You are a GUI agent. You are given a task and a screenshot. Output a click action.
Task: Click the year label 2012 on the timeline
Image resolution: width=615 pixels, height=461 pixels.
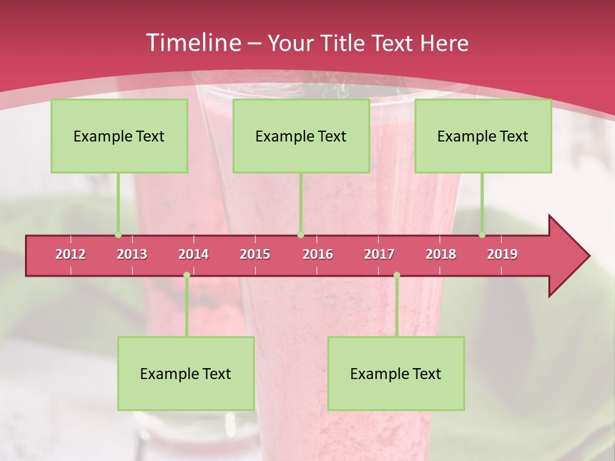coord(70,254)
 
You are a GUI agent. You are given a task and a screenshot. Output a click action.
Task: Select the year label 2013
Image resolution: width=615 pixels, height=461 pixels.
coord(132,254)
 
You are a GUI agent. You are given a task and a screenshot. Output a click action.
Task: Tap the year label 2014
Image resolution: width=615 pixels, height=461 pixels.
coord(193,254)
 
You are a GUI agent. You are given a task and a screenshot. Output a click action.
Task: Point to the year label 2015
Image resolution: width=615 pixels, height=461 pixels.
coord(255,254)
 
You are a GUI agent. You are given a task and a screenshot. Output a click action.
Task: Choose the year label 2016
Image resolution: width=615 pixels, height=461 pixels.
coord(318,254)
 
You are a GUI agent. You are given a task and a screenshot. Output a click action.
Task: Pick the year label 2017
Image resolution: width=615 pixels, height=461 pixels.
coord(379,254)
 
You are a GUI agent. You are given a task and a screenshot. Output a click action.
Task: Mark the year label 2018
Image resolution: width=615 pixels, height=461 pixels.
coord(441,254)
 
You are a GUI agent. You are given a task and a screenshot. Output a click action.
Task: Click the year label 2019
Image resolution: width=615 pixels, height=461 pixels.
coord(502,254)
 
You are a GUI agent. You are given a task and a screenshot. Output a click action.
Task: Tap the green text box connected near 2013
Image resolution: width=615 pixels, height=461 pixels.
coord(119,136)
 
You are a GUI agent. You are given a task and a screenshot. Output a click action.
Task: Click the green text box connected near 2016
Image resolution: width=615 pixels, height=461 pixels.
coord(301,136)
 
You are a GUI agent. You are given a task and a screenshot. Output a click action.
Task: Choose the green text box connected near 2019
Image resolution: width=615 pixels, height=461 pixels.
coord(483,136)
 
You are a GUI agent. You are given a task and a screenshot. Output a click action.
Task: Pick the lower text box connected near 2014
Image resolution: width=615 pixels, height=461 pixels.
coord(186,373)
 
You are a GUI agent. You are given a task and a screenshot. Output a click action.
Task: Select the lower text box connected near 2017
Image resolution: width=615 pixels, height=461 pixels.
coord(396,373)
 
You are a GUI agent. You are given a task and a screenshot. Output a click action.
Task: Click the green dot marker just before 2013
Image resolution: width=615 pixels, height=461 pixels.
coord(118,235)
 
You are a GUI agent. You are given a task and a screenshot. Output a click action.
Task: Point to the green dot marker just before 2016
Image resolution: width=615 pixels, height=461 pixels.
coord(300,235)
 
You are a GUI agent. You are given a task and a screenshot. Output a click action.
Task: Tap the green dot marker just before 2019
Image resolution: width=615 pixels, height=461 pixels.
coord(482,235)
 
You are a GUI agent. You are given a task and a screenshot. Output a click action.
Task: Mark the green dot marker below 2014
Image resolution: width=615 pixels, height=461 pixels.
coord(186,275)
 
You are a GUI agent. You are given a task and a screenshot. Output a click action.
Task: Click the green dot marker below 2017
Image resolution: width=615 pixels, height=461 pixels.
coord(397,275)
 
